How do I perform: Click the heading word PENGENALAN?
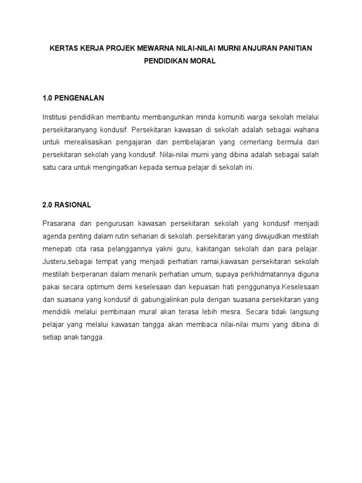tap(80, 98)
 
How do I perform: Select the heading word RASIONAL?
tap(73, 205)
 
